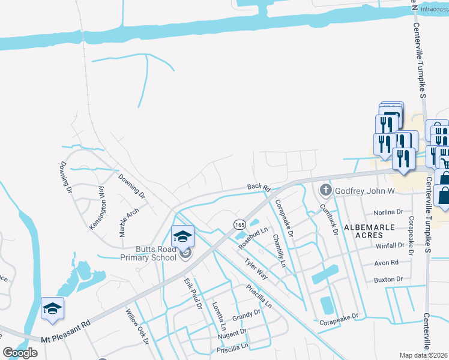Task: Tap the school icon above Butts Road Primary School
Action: point(182,236)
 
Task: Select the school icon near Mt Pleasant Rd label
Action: point(52,308)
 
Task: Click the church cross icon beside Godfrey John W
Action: point(325,191)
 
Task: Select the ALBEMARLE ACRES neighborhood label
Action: point(369,231)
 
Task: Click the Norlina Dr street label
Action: point(388,212)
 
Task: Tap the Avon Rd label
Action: point(387,262)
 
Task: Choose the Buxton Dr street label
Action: point(388,279)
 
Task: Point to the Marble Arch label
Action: point(129,222)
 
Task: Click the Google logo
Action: point(20,353)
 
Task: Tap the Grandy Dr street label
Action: point(247,314)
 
